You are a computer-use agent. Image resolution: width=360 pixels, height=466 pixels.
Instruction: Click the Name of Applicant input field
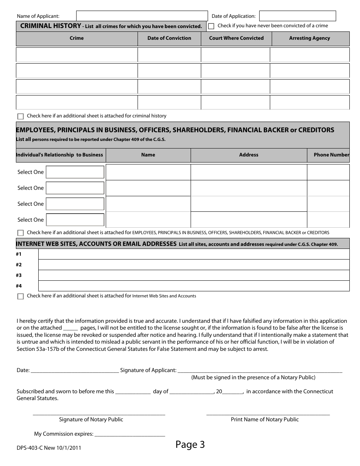coord(142,16)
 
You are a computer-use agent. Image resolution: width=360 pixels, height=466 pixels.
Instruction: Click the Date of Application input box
coord(297,16)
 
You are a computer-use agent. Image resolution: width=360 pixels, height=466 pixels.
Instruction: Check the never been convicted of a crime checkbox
coord(211,26)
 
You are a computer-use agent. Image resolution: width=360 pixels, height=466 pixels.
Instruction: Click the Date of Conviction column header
coord(169,38)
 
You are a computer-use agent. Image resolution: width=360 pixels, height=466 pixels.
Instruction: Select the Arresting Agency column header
coord(309,38)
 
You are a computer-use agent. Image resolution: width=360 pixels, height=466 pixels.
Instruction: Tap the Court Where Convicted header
coord(236,38)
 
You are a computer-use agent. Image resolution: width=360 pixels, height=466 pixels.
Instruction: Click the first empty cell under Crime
coord(77,55)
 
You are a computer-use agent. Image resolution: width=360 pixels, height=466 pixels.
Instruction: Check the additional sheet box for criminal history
coord(20,116)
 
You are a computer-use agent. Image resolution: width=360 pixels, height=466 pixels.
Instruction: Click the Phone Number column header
coord(331,155)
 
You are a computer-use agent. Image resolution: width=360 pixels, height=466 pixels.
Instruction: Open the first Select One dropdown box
coord(75,172)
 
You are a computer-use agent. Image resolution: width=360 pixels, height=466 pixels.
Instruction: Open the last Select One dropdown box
coord(75,220)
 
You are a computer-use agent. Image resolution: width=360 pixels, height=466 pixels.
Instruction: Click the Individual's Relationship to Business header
coord(59,155)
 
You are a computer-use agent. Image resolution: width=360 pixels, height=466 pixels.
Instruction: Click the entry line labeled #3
coord(194,275)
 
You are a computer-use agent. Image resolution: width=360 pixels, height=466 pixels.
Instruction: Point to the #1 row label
coord(19,254)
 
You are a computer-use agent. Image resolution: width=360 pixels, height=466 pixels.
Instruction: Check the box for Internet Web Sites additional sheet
coord(20,296)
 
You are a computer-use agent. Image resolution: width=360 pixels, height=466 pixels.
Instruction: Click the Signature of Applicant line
coord(260,371)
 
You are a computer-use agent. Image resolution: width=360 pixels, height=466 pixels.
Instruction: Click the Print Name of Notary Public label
coord(265,420)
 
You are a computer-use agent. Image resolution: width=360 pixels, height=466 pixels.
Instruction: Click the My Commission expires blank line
coord(130,434)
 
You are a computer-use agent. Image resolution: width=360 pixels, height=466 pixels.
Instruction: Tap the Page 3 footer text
coord(190,445)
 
